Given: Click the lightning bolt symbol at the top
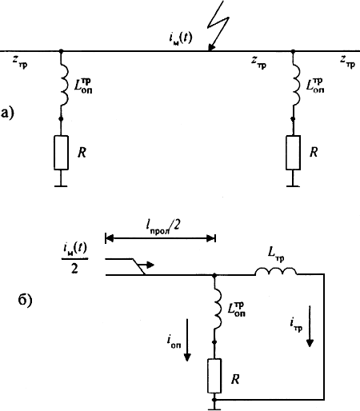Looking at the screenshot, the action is point(218,26).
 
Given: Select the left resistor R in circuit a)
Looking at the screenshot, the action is point(61,153).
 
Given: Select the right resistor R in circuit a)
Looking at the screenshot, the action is point(293,153).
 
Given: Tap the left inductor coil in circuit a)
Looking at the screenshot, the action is point(64,86).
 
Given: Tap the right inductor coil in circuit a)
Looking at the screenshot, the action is point(296,86).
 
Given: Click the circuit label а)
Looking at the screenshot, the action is point(7,113).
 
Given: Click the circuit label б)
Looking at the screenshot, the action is point(25,300).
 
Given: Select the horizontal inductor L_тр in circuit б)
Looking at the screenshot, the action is point(276,271).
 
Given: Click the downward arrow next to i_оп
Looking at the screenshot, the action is point(187,340).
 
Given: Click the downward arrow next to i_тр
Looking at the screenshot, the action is point(310,326).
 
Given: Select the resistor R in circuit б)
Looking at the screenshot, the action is point(214,376).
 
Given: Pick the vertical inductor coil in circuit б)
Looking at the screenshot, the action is point(218,309).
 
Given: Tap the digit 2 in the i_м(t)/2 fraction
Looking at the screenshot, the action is point(74,269).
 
